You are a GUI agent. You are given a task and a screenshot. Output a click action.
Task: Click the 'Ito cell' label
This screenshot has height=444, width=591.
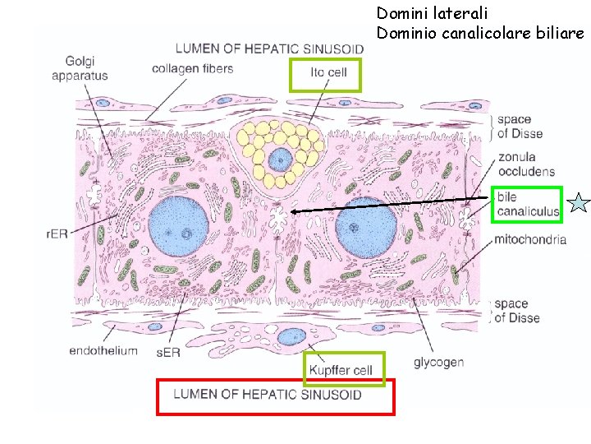pos(328,72)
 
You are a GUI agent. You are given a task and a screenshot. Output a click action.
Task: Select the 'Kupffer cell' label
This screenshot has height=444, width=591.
pos(341,370)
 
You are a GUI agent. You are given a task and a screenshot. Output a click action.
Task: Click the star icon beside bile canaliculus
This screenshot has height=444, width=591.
pos(579,204)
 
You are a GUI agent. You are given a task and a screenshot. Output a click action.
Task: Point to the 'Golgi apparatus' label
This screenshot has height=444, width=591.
pos(79,68)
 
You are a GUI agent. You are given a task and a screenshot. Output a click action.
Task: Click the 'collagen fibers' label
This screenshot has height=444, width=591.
pos(192,68)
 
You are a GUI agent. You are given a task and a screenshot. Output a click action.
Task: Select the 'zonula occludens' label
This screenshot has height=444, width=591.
pos(525,164)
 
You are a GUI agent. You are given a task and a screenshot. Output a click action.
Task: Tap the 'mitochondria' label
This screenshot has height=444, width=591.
pos(530,240)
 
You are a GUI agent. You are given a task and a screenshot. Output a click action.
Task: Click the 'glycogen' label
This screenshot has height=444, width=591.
pos(438,362)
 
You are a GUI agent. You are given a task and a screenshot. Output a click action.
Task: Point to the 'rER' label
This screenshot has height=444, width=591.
pos(57,234)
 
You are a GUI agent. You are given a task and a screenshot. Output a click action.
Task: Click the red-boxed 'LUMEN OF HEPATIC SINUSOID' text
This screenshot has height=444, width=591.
pos(268,395)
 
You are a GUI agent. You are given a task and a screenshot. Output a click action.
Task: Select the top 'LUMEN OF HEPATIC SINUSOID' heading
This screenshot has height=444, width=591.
pos(269,48)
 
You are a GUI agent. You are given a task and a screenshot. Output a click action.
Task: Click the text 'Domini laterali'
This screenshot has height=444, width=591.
pos(432,13)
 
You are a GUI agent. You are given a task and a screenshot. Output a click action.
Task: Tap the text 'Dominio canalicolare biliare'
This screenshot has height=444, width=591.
pos(480,34)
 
